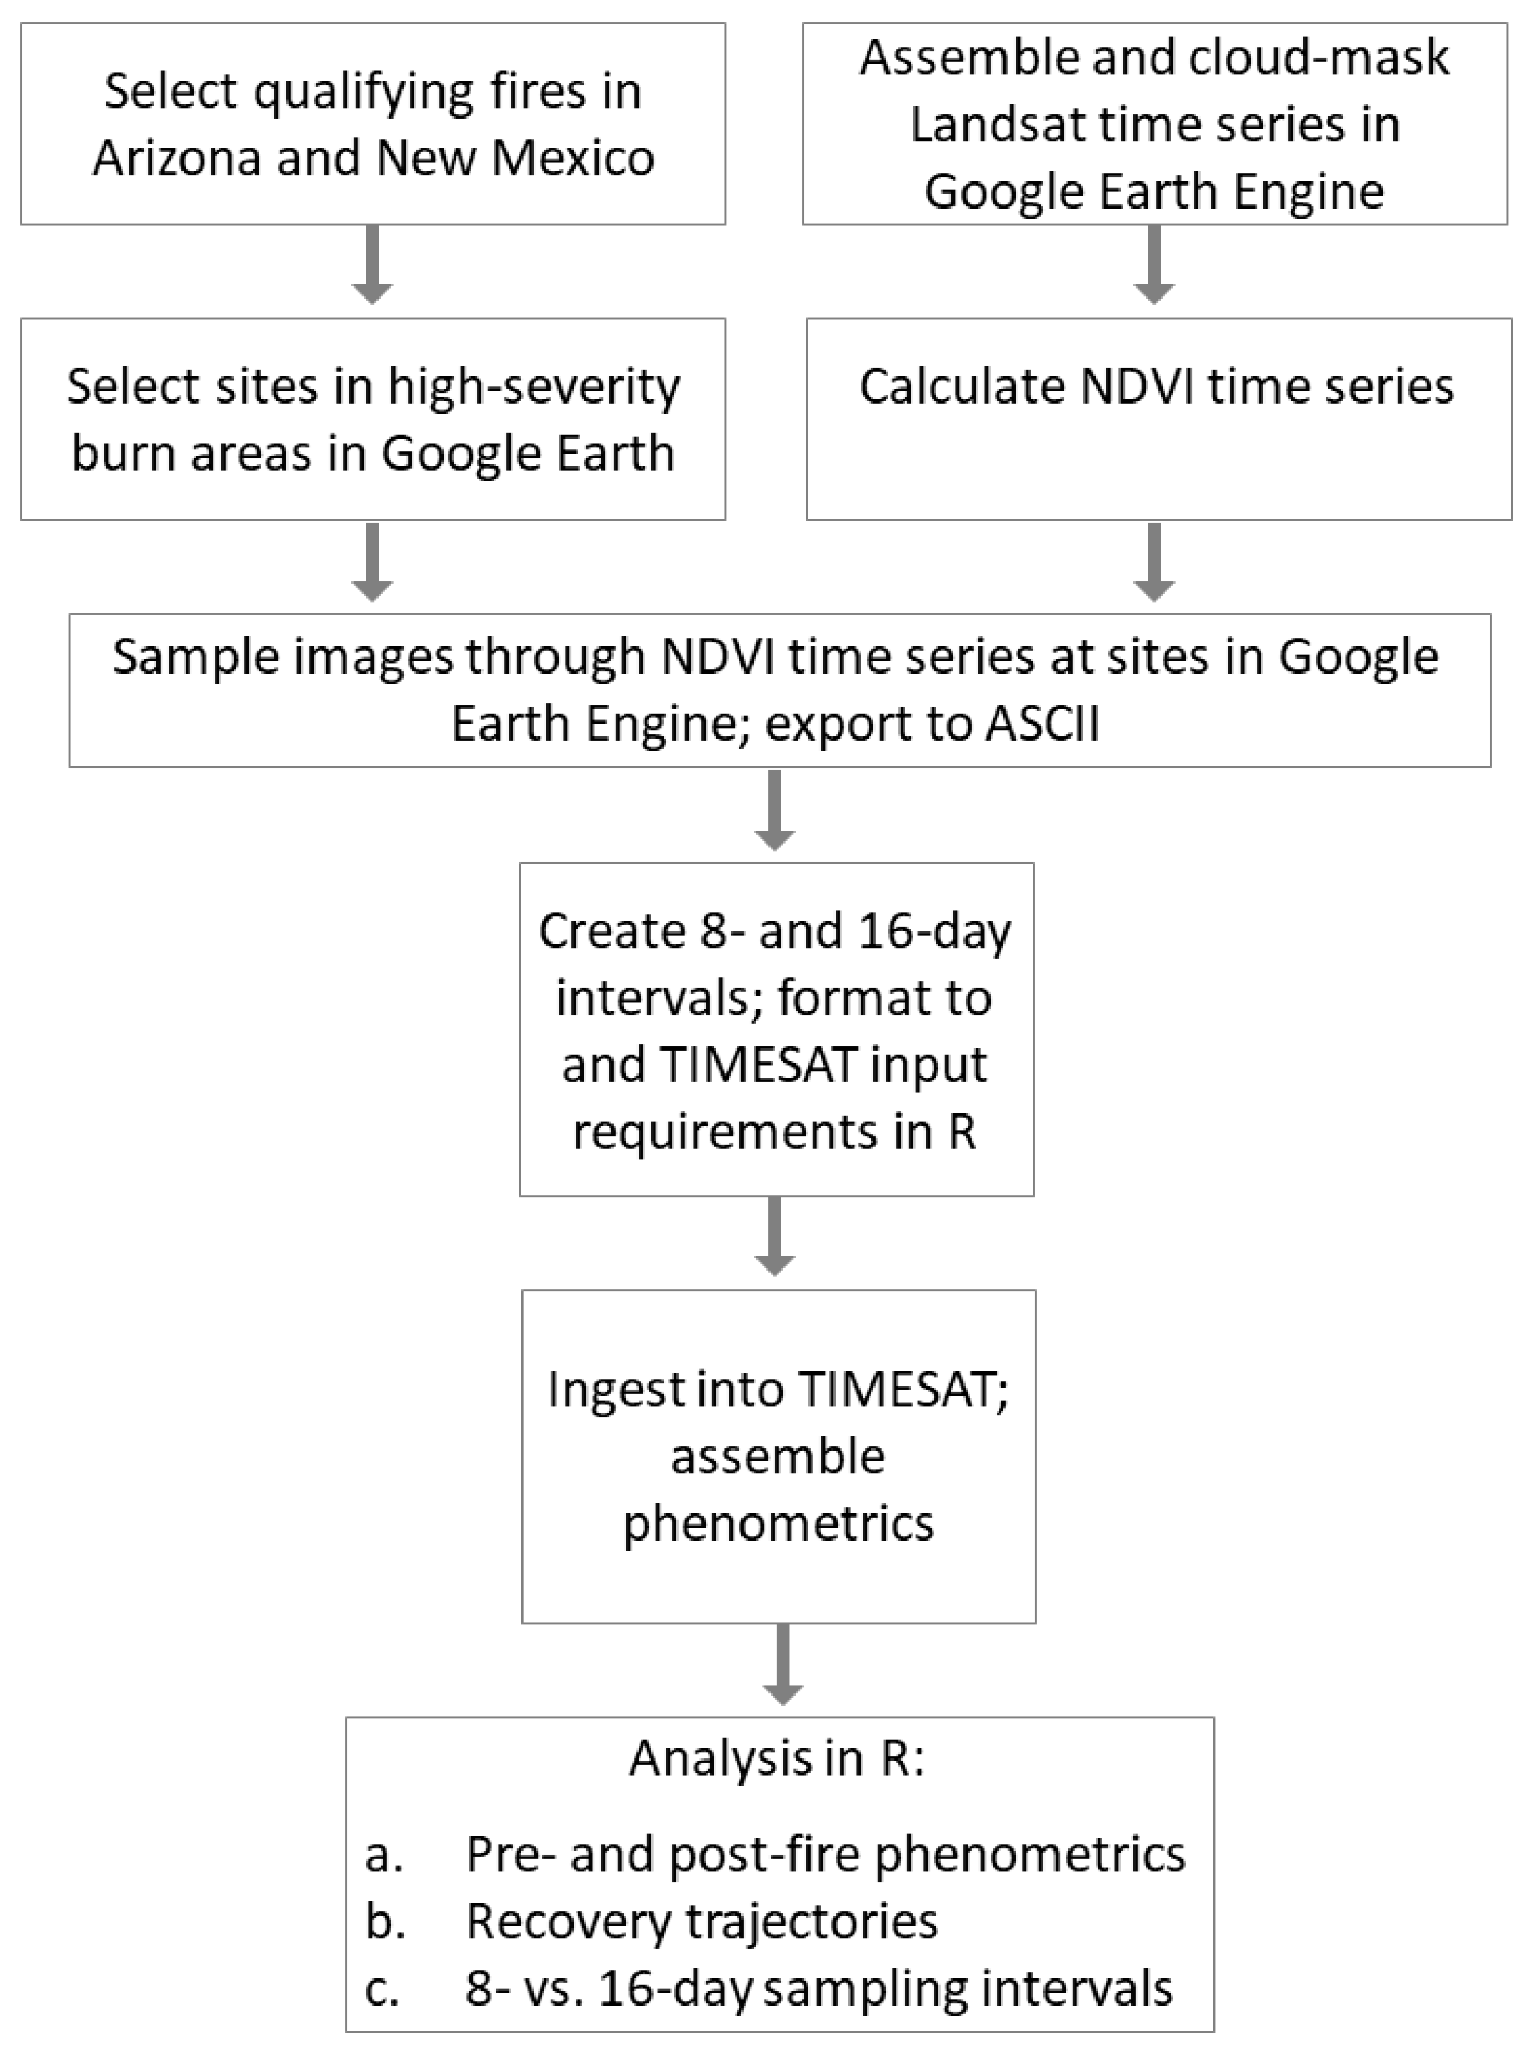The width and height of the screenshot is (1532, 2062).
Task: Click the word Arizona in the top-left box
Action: click(176, 158)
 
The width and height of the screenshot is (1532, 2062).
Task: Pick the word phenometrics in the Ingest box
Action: click(778, 1523)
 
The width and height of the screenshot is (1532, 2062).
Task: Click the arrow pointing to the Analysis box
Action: click(783, 1665)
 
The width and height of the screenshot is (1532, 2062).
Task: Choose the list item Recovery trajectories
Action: click(701, 1921)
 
